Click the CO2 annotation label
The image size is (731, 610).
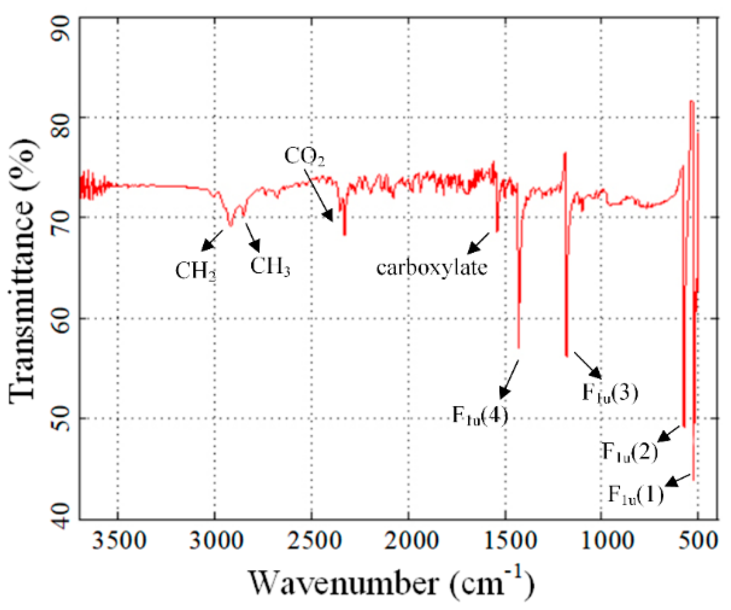click(x=304, y=156)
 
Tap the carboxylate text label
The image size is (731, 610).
click(x=432, y=268)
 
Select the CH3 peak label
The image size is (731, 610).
click(x=270, y=266)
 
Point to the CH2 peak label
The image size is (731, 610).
click(x=195, y=271)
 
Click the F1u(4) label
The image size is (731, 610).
click(x=480, y=416)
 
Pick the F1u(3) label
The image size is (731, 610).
click(x=610, y=392)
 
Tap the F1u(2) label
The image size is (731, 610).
click(x=630, y=452)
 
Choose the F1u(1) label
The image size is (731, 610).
click(x=636, y=494)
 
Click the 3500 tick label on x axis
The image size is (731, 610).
click(x=118, y=540)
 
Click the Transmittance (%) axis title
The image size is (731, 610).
click(x=22, y=269)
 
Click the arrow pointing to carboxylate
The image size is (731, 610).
click(x=478, y=243)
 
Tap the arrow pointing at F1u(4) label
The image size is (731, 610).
click(x=509, y=379)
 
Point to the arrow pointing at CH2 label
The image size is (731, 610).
click(x=212, y=240)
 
